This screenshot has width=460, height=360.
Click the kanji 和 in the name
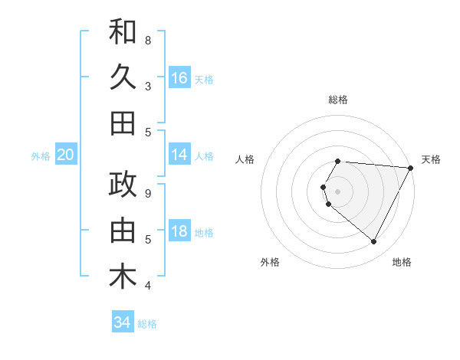123,32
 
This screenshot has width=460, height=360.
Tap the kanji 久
123,77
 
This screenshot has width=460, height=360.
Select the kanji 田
123,123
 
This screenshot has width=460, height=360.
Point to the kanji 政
123,185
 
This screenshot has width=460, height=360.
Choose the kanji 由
123,231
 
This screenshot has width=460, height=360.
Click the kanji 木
123,277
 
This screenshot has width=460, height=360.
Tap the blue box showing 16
179,77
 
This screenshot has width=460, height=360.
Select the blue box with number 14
179,155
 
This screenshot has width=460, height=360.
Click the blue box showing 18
179,231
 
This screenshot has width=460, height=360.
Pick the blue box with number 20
66,155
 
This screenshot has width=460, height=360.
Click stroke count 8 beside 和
148,40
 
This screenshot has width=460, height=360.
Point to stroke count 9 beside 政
148,193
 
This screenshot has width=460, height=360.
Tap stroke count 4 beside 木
148,285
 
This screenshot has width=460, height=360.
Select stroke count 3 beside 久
148,86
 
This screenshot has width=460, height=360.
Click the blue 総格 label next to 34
147,324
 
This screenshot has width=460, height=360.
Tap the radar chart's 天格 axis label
431,159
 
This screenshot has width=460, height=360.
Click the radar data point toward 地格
374,242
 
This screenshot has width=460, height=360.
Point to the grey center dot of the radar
337,191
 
